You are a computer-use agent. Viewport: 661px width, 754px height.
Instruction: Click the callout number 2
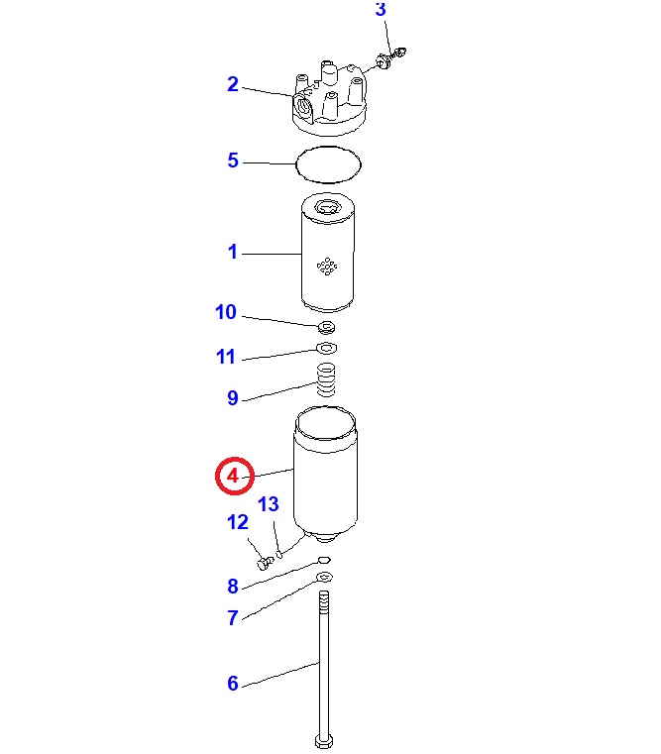[233, 84]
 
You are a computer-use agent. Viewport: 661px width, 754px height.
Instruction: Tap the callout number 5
[233, 161]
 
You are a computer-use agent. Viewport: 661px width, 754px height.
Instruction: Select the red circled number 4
[233, 476]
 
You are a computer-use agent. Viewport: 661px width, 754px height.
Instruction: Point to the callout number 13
[268, 504]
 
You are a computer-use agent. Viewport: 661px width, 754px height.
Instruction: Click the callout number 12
[237, 522]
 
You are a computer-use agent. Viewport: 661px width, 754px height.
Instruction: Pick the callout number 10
[226, 312]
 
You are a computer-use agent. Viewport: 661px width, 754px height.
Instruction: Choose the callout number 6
[233, 684]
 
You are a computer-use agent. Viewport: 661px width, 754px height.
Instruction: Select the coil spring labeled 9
[326, 379]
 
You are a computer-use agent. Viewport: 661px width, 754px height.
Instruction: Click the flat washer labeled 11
[326, 347]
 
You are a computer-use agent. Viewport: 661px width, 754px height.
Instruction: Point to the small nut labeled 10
[327, 328]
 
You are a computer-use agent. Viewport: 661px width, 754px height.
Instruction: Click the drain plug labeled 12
[265, 562]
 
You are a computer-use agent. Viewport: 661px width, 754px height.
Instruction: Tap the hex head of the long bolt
[324, 740]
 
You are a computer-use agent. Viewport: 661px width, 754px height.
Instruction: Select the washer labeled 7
[325, 577]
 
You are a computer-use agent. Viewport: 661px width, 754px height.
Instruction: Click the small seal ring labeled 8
[324, 560]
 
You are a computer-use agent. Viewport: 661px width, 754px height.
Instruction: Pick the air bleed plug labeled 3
[391, 57]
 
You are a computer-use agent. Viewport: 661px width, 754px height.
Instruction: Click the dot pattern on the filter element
[327, 267]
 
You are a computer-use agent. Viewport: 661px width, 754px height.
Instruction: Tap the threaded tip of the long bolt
[324, 602]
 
